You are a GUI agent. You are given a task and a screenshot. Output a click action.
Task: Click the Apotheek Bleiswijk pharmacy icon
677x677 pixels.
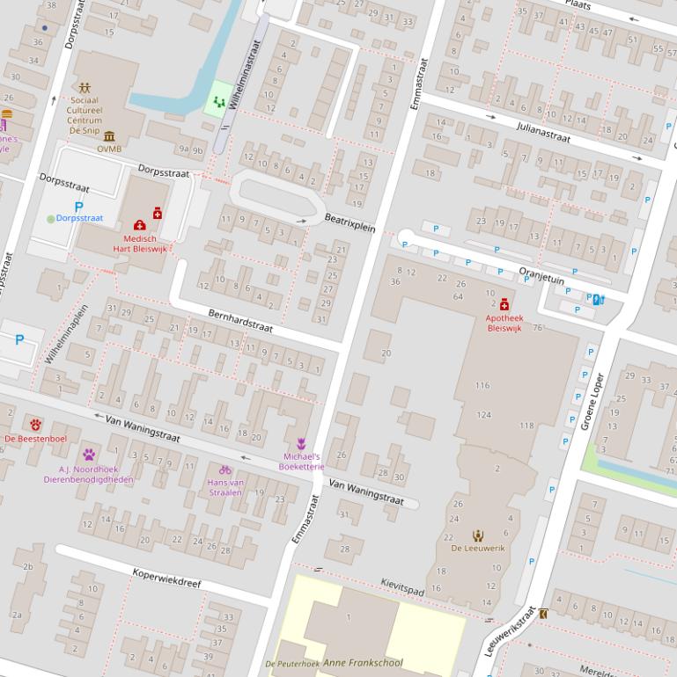pyautogui.click(x=504, y=304)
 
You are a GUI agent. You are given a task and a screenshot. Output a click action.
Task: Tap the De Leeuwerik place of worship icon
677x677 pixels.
pyautogui.click(x=478, y=535)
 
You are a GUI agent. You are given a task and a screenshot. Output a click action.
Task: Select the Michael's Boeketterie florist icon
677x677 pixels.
pyautogui.click(x=301, y=444)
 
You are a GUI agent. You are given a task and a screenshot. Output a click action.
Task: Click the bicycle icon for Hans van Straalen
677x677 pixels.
pyautogui.click(x=225, y=470)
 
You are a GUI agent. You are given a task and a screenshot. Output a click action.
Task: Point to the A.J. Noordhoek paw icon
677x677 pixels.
pyautogui.click(x=90, y=455)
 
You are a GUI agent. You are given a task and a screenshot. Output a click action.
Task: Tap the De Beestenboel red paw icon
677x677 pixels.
pyautogui.click(x=35, y=425)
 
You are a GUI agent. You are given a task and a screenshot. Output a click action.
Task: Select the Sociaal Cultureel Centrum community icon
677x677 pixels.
pyautogui.click(x=85, y=88)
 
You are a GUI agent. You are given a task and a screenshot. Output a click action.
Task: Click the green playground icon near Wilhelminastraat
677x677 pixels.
pyautogui.click(x=219, y=102)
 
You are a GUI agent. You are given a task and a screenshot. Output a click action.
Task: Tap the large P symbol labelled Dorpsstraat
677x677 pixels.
pyautogui.click(x=78, y=207)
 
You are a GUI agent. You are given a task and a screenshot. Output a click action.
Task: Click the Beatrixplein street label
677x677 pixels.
pyautogui.click(x=350, y=222)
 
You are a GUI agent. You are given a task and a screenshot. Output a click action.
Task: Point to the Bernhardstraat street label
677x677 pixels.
pyautogui.click(x=240, y=321)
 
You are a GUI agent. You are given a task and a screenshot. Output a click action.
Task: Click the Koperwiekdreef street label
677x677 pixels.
pyautogui.click(x=166, y=578)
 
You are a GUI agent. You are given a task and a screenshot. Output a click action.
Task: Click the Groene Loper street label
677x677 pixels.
pyautogui.click(x=592, y=402)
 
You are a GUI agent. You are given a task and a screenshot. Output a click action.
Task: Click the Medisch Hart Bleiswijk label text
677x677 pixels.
pyautogui.click(x=139, y=244)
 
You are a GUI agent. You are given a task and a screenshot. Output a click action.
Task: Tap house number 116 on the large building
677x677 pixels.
pyautogui.click(x=482, y=385)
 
